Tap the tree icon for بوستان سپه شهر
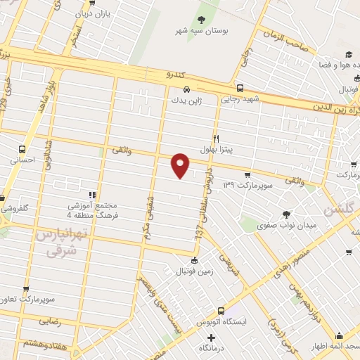pyautogui.click(x=202, y=19)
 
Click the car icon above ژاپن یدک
pyautogui.click(x=186, y=89)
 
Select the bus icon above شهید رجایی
pyautogui.click(x=240, y=89)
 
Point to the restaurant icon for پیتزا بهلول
pyautogui.click(x=217, y=139)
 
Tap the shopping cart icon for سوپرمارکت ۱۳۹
pyautogui.click(x=247, y=175)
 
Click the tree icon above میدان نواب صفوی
pyautogui.click(x=285, y=214)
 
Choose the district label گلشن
pyautogui.click(x=340, y=210)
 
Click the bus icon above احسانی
pyautogui.click(x=23, y=149)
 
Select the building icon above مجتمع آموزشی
pyautogui.click(x=91, y=194)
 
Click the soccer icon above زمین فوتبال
pyautogui.click(x=184, y=260)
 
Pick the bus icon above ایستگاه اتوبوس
pyautogui.click(x=221, y=311)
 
